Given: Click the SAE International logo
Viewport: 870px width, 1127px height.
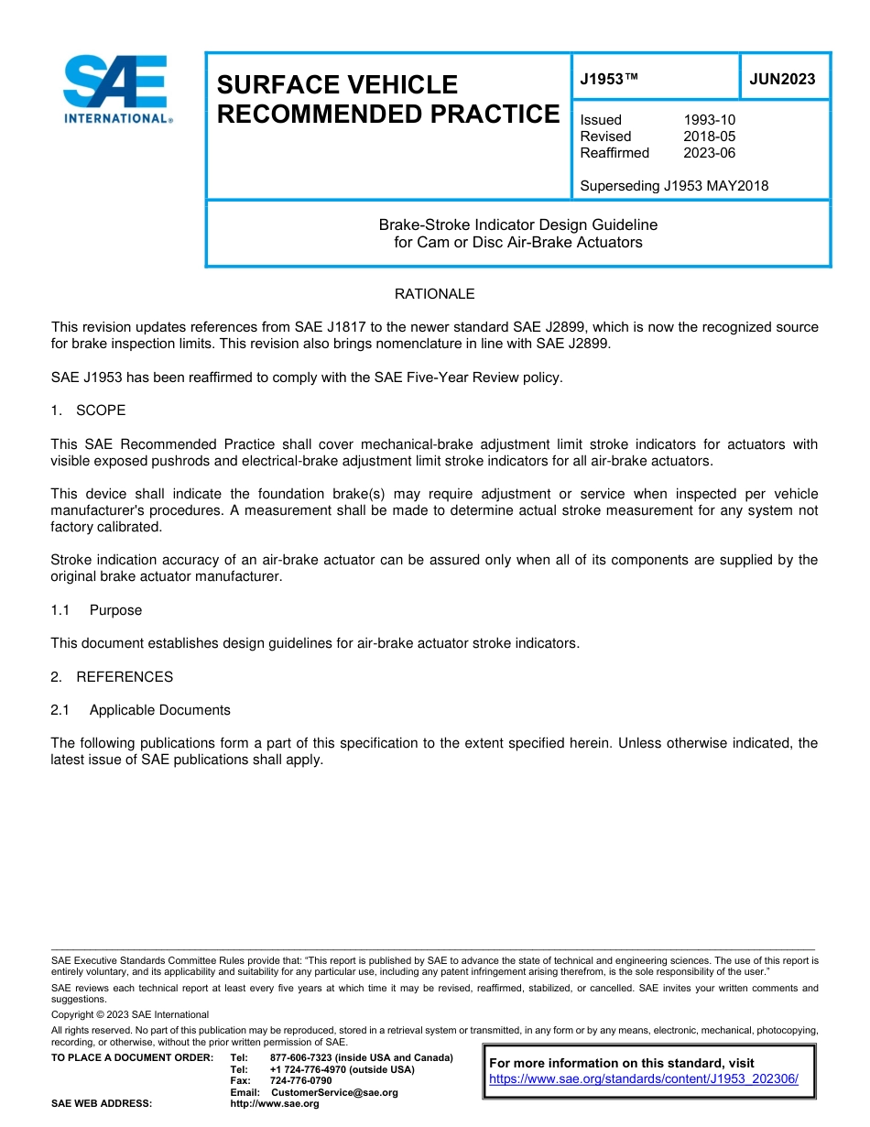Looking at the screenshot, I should [x=115, y=90].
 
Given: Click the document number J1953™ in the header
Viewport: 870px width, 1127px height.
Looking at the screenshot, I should [x=608, y=79].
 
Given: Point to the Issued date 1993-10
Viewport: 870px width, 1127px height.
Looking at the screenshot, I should [x=709, y=120].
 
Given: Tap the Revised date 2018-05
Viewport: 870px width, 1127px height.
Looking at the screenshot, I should [x=709, y=137].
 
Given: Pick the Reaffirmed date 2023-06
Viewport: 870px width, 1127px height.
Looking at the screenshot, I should [x=709, y=153].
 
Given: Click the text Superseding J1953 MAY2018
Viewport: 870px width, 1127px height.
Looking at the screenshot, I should [x=674, y=186].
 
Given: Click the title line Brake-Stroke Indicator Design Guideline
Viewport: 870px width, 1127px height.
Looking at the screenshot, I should [x=517, y=224].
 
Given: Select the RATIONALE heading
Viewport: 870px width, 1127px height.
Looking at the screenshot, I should [x=434, y=294].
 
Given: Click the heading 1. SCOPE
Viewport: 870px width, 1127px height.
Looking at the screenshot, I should [x=88, y=410].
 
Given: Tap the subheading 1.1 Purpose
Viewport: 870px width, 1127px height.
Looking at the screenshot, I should [x=96, y=610].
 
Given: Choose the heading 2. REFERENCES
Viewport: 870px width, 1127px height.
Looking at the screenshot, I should [x=112, y=677].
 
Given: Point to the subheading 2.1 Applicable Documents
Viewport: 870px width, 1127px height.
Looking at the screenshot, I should [x=141, y=710].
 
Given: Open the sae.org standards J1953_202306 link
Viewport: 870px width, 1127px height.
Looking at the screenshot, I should [x=644, y=1079].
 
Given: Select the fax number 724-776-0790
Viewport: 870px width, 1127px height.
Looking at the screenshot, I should [x=300, y=1081].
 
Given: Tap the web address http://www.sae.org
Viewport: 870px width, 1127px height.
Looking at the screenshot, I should [x=274, y=1104].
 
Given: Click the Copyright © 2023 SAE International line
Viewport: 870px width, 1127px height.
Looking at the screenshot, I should [x=130, y=1014].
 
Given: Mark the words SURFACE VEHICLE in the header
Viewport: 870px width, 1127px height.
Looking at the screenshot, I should [x=336, y=84].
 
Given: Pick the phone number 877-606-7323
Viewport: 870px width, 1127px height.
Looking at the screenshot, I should [x=302, y=1058].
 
